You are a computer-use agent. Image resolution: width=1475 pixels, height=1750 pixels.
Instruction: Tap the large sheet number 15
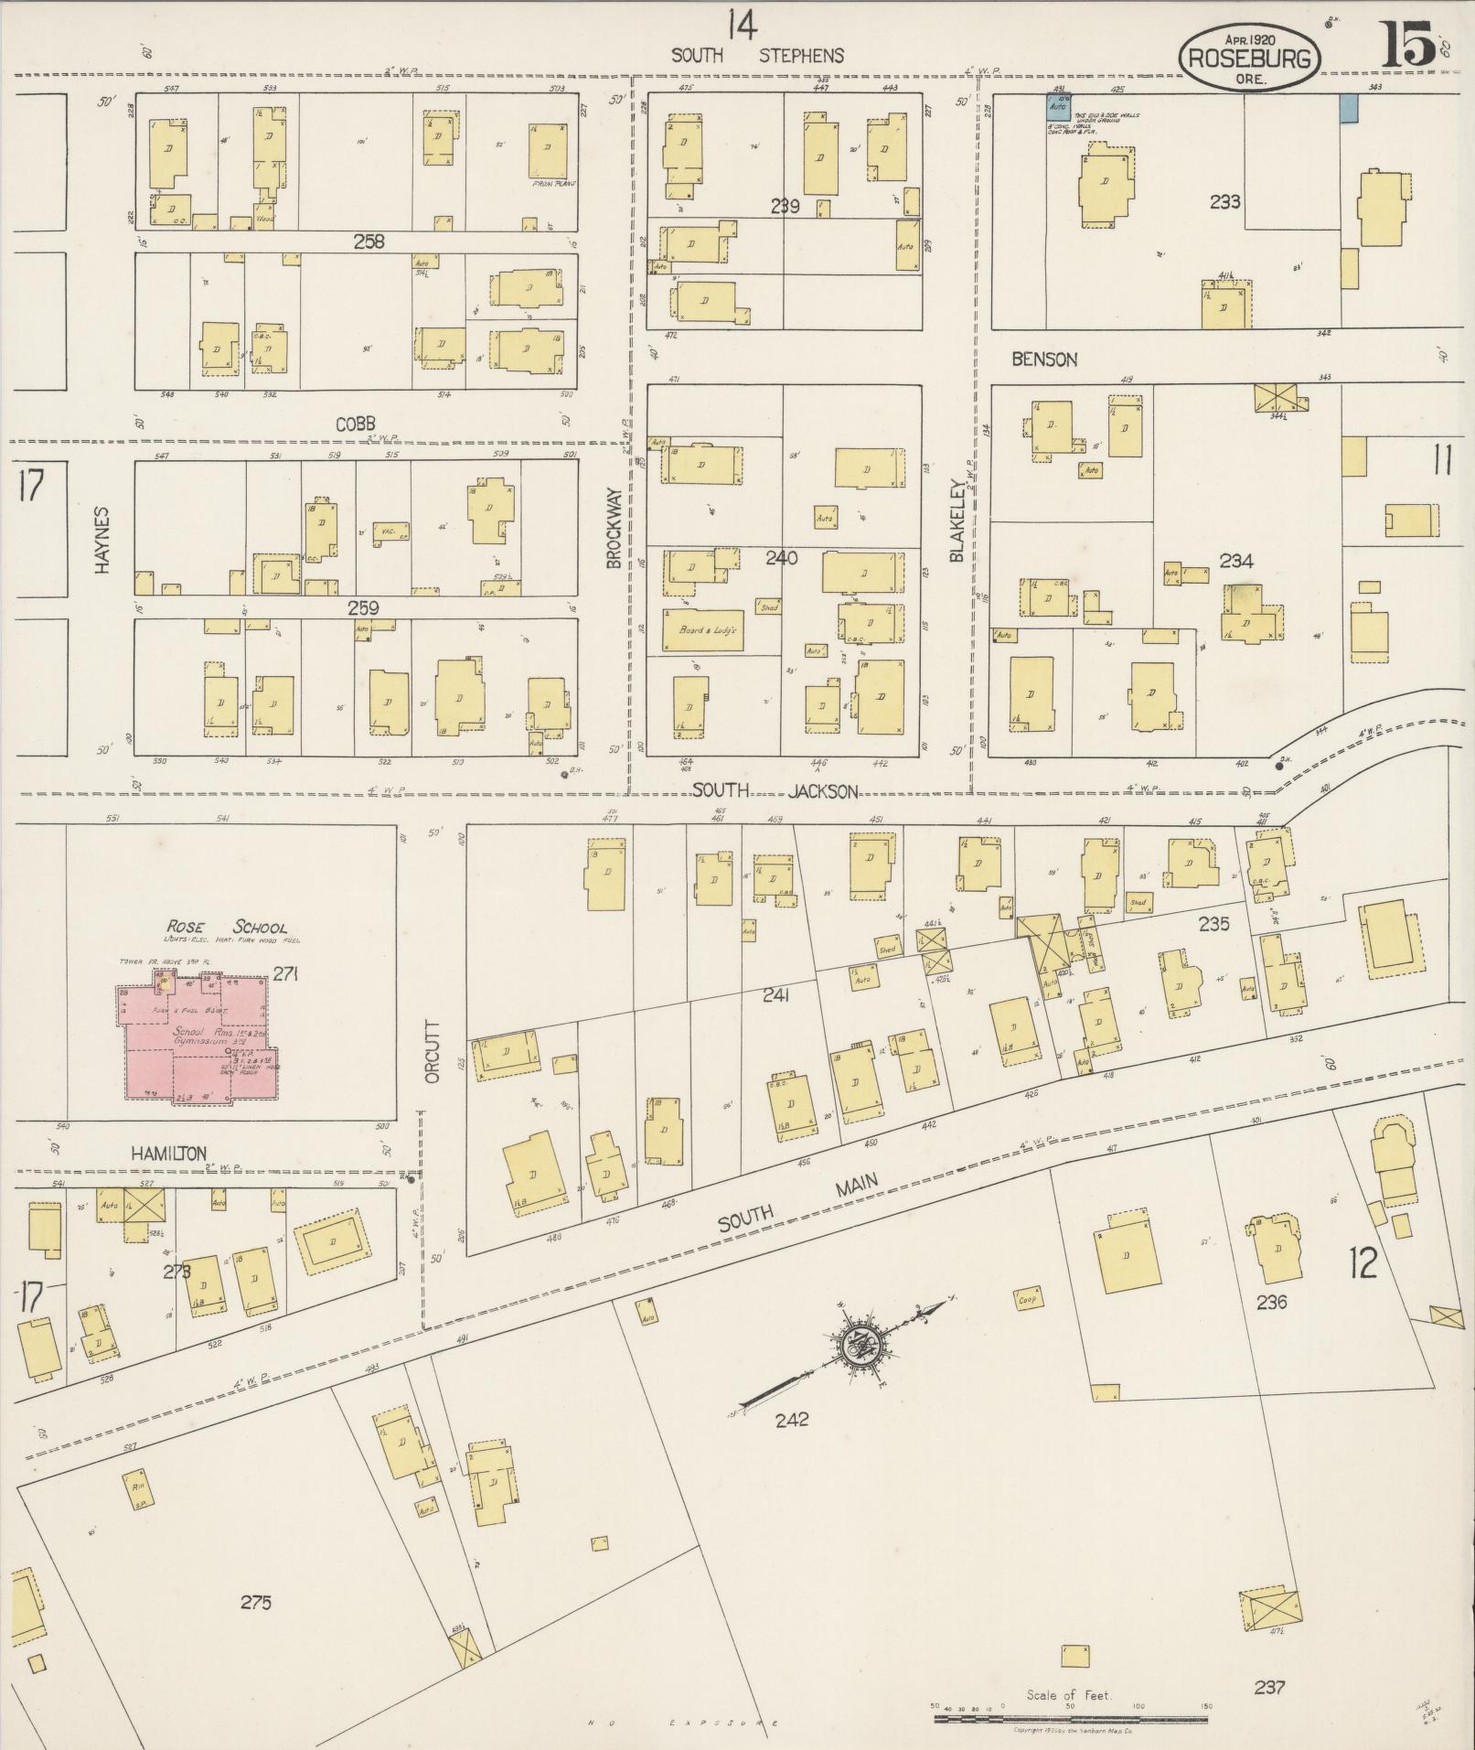[1408, 43]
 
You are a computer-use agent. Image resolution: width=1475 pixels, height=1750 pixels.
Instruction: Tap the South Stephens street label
[758, 55]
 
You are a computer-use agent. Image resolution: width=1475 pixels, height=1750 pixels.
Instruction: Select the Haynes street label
[102, 540]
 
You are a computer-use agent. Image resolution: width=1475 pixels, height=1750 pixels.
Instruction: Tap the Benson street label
[1044, 360]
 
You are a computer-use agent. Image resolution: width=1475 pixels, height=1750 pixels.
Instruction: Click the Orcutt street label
[433, 1052]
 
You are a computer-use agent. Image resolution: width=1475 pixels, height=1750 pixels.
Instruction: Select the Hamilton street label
[168, 1154]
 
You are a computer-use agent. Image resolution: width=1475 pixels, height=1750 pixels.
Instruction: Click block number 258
[369, 242]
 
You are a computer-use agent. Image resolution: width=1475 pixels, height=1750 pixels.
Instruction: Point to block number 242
[791, 1420]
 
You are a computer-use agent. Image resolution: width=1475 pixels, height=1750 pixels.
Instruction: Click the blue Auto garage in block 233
[1058, 103]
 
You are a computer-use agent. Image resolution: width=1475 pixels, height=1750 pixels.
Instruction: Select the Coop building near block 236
[1029, 1299]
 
